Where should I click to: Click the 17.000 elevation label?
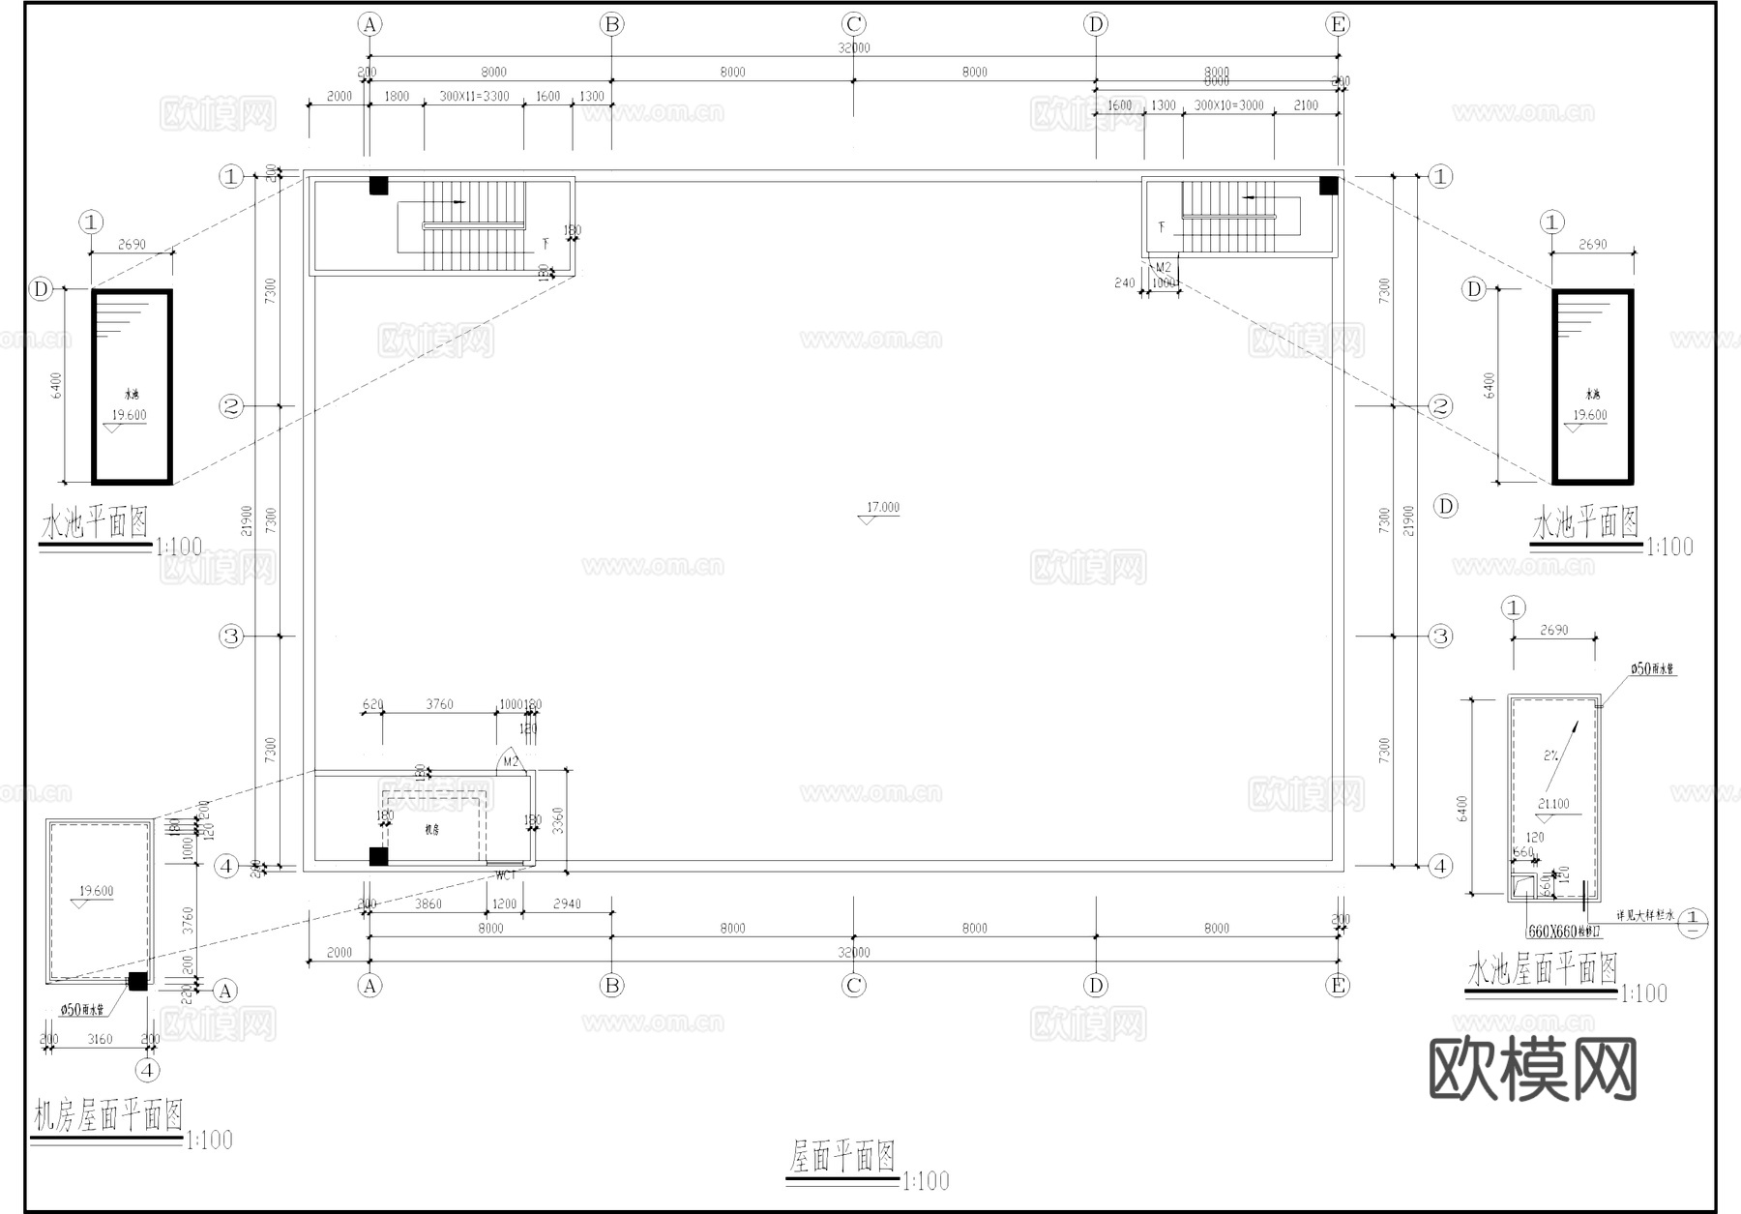pyautogui.click(x=882, y=508)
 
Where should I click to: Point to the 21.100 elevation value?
pyautogui.click(x=1553, y=804)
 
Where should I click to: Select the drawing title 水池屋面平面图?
pyautogui.click(x=1542, y=969)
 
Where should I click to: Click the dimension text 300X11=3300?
pyautogui.click(x=474, y=97)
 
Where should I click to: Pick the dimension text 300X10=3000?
pyautogui.click(x=1228, y=105)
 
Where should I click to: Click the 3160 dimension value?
pyautogui.click(x=100, y=1040)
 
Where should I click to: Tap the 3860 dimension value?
pyautogui.click(x=428, y=904)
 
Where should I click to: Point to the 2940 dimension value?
pyautogui.click(x=567, y=904)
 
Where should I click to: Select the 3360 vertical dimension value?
pyautogui.click(x=557, y=822)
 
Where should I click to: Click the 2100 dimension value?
pyautogui.click(x=1306, y=105)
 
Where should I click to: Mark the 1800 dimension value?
pyautogui.click(x=397, y=97)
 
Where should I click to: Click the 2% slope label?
pyautogui.click(x=1550, y=755)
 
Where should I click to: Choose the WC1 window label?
pyautogui.click(x=506, y=876)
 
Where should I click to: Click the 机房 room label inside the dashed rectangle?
pyautogui.click(x=431, y=830)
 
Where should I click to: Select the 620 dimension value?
pyautogui.click(x=372, y=705)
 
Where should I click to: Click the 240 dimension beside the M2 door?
pyautogui.click(x=1124, y=283)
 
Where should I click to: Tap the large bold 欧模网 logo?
pyautogui.click(x=1532, y=1069)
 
